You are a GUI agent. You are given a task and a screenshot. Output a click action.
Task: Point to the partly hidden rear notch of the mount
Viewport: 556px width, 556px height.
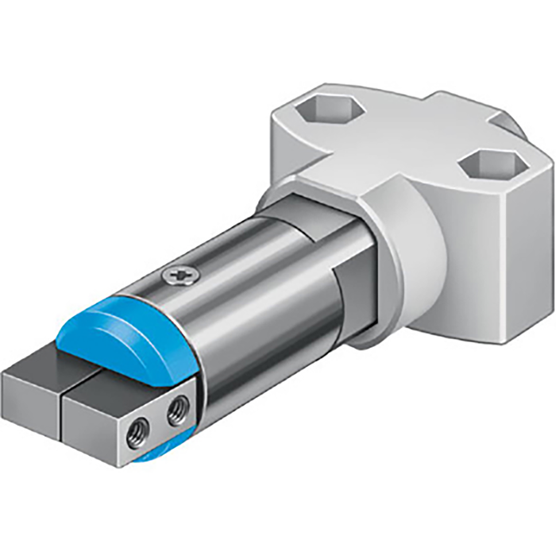pos(514,125)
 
